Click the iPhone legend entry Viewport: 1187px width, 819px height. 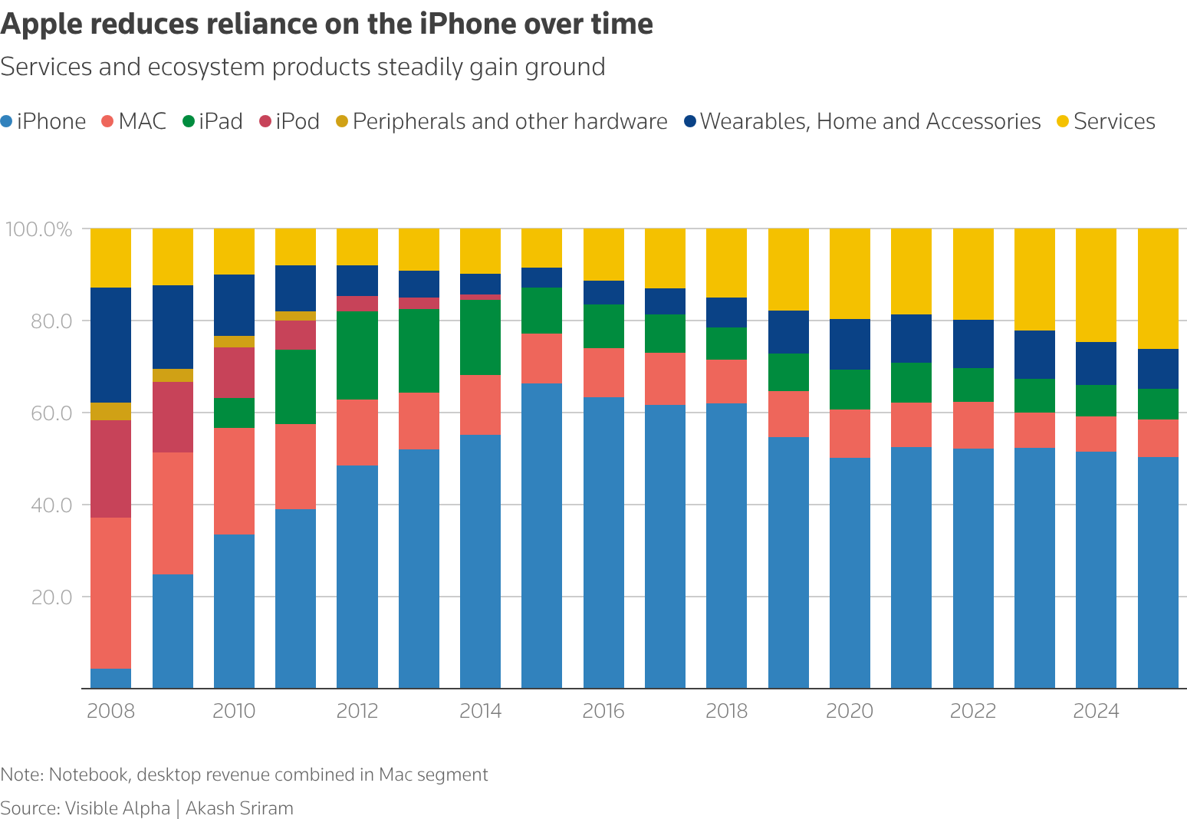pyautogui.click(x=44, y=121)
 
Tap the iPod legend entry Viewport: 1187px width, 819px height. pyautogui.click(x=289, y=121)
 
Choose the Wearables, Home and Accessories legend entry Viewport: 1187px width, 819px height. pyautogui.click(x=862, y=121)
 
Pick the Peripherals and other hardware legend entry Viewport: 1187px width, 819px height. pyautogui.click(x=501, y=121)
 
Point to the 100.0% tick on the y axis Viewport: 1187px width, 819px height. pyautogui.click(x=38, y=229)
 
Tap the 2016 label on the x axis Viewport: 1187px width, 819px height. pyautogui.click(x=603, y=711)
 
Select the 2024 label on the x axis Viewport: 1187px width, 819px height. pyautogui.click(x=1095, y=711)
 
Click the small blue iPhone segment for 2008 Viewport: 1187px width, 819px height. pyautogui.click(x=110, y=679)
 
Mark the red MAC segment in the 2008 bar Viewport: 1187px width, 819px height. pyautogui.click(x=110, y=593)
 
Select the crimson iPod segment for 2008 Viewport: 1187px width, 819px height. pyautogui.click(x=110, y=469)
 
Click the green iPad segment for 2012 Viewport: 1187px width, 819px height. pyautogui.click(x=357, y=355)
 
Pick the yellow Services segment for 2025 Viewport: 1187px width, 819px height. pyautogui.click(x=1157, y=288)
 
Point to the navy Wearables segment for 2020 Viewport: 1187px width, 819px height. pyautogui.click(x=850, y=344)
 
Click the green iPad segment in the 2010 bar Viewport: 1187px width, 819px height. pyautogui.click(x=234, y=413)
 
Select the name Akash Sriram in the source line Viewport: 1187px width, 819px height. pyautogui.click(x=239, y=808)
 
